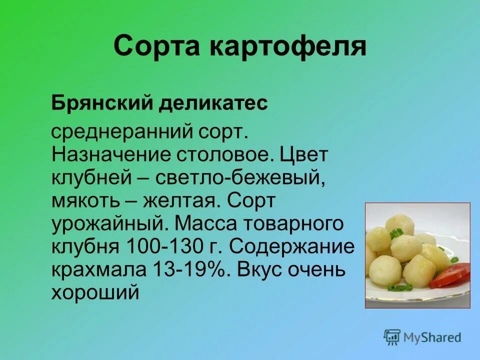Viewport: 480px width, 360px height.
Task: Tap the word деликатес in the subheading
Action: (x=213, y=104)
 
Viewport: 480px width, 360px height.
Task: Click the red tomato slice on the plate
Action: (x=452, y=274)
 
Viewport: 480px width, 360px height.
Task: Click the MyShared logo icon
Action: (x=392, y=337)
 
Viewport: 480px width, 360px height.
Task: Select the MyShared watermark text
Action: (x=432, y=338)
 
